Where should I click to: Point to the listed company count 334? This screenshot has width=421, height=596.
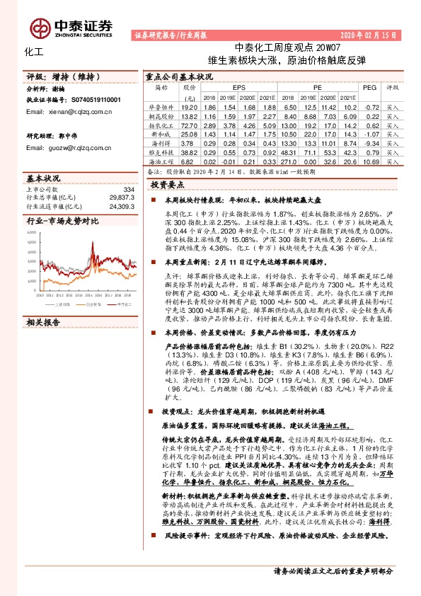click(128, 190)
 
